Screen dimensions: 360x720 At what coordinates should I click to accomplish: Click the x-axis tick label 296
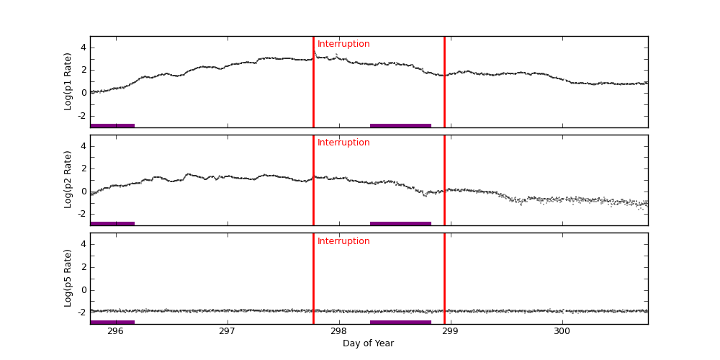point(115,331)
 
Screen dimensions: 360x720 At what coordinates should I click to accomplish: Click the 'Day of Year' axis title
point(368,343)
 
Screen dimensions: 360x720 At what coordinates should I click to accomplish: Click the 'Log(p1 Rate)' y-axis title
point(68,81)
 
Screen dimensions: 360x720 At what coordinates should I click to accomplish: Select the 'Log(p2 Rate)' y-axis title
point(68,179)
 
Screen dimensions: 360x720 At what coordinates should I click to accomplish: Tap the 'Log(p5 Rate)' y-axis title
point(68,278)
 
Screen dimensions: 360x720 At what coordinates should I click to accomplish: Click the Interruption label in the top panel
point(343,44)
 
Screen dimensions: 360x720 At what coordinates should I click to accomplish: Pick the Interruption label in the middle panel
point(343,143)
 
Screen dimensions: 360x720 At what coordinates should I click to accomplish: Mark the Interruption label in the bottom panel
point(343,241)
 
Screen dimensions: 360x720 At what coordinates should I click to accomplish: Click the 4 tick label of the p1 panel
point(83,48)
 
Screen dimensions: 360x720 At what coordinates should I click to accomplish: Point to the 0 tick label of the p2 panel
point(83,192)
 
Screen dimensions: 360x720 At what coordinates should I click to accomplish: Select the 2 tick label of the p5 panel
point(83,267)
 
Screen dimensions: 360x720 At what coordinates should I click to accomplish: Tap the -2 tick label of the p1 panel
point(81,115)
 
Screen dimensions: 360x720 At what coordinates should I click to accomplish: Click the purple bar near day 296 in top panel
point(112,125)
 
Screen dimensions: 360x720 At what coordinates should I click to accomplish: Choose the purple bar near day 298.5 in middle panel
point(400,223)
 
